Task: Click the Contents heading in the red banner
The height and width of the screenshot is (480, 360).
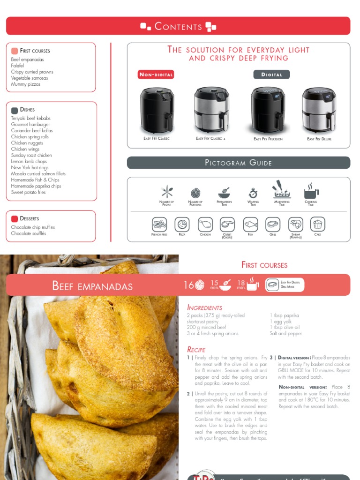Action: tap(178, 26)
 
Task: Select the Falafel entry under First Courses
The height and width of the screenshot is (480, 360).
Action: tap(18, 66)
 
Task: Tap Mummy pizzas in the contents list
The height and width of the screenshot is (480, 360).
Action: tap(26, 84)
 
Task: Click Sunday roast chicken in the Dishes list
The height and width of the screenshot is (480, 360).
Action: tap(31, 155)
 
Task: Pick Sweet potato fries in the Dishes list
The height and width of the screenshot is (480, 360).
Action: tap(29, 192)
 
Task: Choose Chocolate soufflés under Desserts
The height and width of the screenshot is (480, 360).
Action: tap(29, 233)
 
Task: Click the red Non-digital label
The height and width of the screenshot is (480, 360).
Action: tap(156, 75)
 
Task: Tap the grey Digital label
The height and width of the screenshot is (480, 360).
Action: tap(272, 75)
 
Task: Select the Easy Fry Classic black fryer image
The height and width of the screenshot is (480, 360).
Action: tap(157, 110)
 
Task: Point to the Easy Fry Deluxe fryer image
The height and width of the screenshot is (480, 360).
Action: tap(319, 110)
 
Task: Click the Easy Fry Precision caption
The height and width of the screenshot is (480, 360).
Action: tap(268, 139)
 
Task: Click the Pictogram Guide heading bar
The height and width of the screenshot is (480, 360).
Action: tap(239, 163)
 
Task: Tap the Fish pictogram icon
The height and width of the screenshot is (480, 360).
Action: tap(251, 224)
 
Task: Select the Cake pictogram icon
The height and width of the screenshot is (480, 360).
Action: tap(318, 224)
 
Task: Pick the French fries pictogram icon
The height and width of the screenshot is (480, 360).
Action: tap(159, 224)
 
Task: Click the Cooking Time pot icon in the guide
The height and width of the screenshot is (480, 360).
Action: tap(311, 192)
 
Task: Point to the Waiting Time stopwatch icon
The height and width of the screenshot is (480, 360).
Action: tap(253, 192)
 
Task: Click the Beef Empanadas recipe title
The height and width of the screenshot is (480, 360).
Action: tap(92, 286)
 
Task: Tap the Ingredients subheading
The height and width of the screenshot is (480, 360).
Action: tap(205, 307)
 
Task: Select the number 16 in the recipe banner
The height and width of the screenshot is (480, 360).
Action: tap(188, 285)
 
